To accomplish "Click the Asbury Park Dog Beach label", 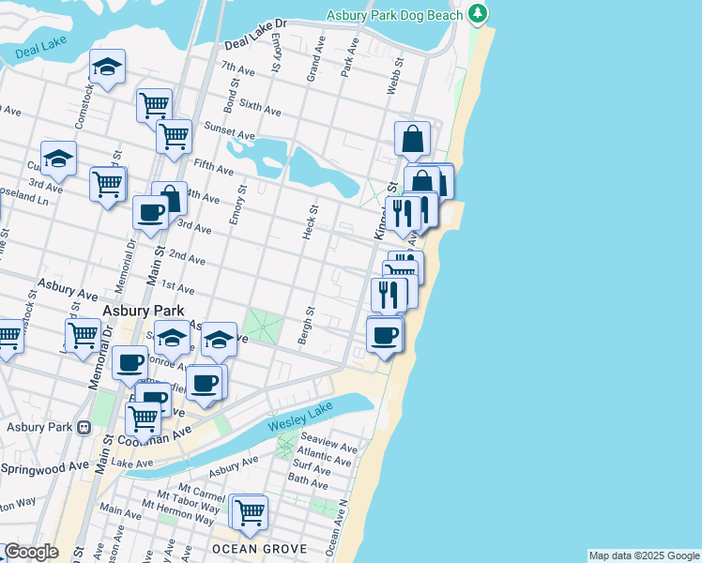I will [x=394, y=15].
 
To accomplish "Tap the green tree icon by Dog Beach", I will [x=479, y=14].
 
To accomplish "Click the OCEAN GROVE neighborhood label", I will [x=246, y=548].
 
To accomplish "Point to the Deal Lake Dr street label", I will [x=254, y=47].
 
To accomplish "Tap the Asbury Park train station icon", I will [x=84, y=428].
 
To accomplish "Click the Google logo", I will [x=31, y=552].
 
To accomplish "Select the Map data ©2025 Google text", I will [x=643, y=555].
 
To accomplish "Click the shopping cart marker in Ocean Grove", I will [x=249, y=512].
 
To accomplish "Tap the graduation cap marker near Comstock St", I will [x=108, y=68].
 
